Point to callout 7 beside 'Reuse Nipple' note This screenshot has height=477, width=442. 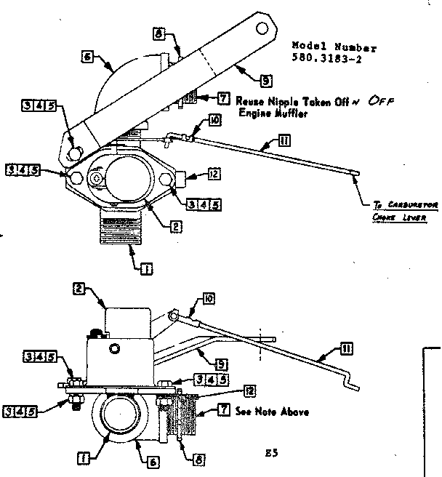tap(224, 98)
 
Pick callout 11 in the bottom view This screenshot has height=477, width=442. tap(347, 349)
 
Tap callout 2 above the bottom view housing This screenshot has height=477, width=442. tap(79, 289)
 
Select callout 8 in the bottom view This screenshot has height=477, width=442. tap(190, 459)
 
